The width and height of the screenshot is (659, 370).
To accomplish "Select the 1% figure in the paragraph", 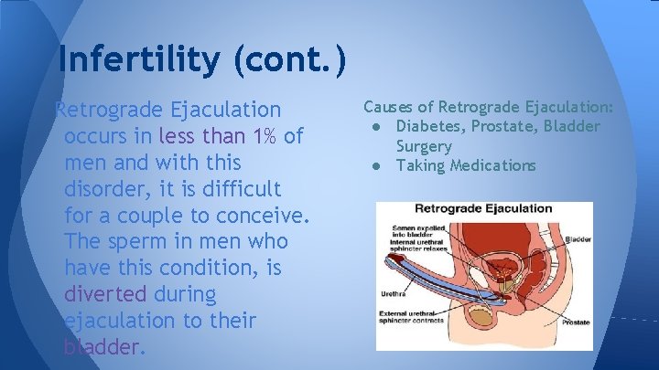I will [269, 136].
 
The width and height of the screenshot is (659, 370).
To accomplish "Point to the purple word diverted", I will [105, 295].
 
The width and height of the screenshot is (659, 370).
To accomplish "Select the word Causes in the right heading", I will [390, 107].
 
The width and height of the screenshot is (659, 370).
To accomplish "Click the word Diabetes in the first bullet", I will [429, 126].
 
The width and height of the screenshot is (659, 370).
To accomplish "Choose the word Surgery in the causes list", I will [424, 146].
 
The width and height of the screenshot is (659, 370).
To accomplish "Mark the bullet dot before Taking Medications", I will [376, 165].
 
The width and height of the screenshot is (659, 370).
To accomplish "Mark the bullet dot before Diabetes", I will [376, 126].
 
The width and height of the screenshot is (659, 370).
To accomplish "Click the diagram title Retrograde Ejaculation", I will [484, 208].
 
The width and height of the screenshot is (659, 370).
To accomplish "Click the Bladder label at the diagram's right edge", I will [578, 238].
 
